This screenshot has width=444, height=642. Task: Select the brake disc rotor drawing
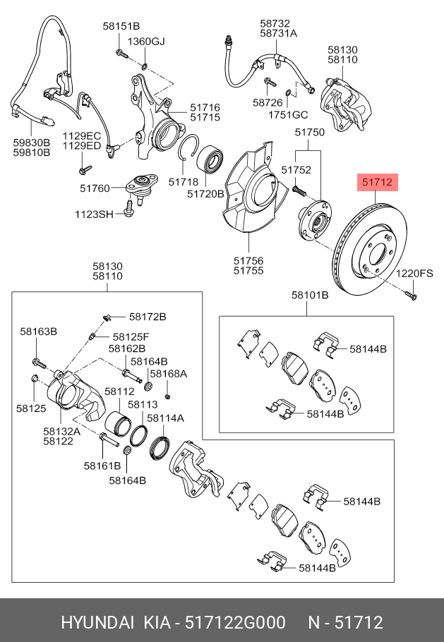[371, 253]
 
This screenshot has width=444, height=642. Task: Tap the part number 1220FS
[414, 273]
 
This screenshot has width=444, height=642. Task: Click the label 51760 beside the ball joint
[95, 188]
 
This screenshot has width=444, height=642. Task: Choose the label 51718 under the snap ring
[183, 182]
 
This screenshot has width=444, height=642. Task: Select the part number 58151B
[121, 26]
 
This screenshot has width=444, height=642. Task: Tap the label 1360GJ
[148, 42]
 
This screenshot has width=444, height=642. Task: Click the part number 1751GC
[290, 114]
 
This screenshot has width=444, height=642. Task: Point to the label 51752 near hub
[296, 170]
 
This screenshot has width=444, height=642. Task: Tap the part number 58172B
[148, 316]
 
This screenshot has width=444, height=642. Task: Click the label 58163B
[38, 330]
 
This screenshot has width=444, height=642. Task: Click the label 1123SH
[95, 214]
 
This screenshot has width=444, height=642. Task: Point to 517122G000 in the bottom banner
[234, 623]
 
